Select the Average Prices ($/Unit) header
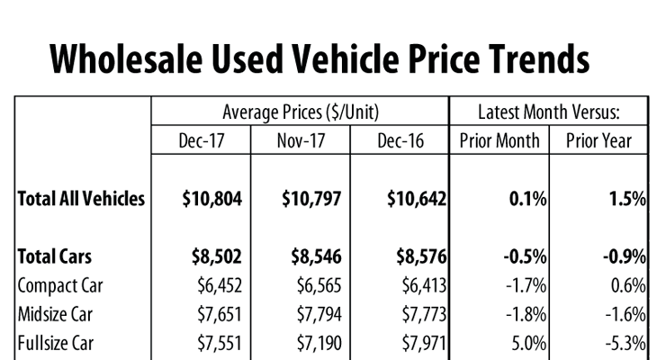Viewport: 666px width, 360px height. point(300,112)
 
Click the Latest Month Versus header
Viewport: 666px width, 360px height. point(548,112)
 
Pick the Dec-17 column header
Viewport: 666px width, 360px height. point(201,140)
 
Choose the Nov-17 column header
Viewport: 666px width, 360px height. point(300,140)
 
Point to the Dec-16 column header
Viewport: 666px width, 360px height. point(399,140)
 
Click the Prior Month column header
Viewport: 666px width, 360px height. point(499,140)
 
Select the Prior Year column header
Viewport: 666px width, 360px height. point(598,140)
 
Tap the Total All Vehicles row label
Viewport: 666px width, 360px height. point(81,199)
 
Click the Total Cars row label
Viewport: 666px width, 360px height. point(54,256)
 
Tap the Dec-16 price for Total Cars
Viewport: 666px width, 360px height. point(415,256)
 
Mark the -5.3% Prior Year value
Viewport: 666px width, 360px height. point(625,343)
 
